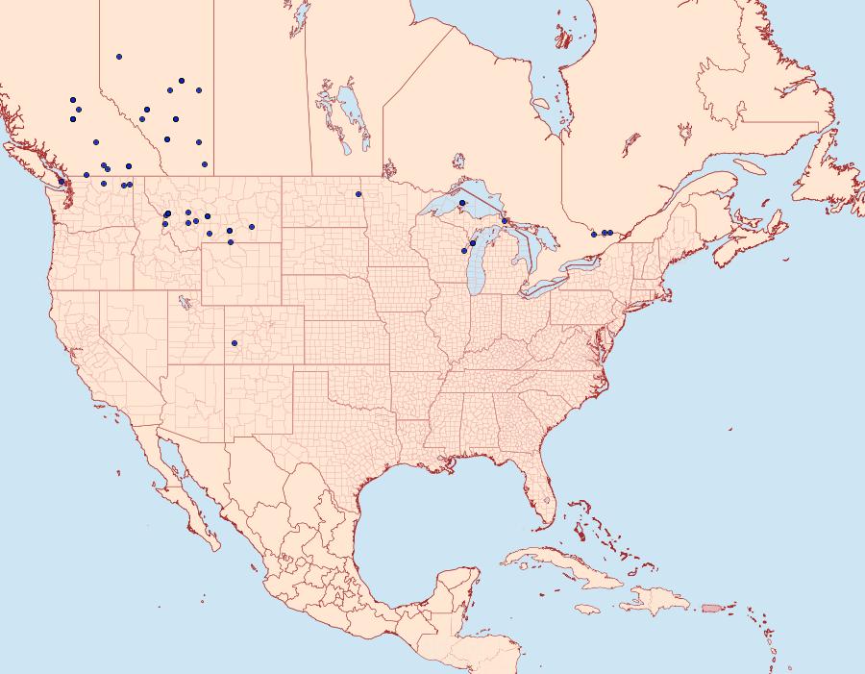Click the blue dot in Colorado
tap(235, 342)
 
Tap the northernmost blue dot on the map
tap(119, 57)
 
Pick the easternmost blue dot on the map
tap(610, 233)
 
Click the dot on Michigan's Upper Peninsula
tap(461, 203)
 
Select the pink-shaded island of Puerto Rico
tap(711, 607)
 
